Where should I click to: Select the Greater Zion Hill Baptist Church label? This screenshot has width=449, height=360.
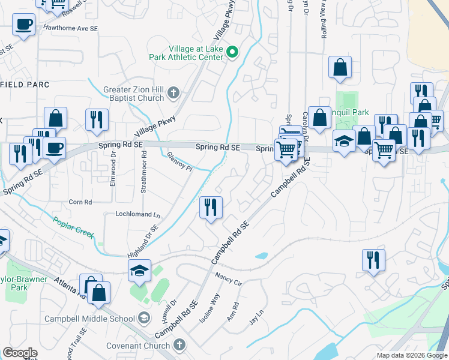tap(133, 94)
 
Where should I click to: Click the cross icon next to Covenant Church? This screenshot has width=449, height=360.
tap(179, 344)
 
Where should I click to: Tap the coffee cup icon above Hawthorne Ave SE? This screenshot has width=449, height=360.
tap(24, 25)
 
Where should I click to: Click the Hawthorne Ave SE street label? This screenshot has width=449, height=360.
tap(79, 28)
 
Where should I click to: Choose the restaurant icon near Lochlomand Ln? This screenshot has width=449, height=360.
tap(211, 208)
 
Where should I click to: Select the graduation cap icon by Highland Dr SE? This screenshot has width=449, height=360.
tap(139, 271)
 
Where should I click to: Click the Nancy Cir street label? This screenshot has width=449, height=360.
tap(228, 279)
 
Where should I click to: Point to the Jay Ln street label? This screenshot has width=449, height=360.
tap(256, 317)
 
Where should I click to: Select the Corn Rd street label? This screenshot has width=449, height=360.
tap(80, 202)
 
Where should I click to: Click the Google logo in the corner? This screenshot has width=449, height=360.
tap(20, 353)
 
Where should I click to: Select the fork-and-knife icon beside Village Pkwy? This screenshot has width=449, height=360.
tap(96, 120)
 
